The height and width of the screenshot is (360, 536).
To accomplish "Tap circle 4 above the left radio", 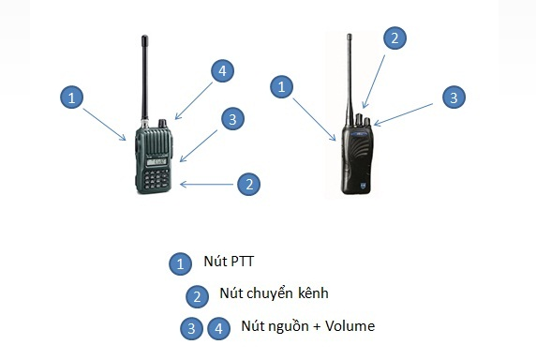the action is (x=220, y=71).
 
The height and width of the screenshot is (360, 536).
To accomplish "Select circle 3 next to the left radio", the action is (x=233, y=118).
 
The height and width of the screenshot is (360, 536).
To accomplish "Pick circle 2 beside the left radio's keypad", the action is (x=247, y=184).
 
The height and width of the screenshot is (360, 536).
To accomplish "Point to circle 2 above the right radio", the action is (x=395, y=38).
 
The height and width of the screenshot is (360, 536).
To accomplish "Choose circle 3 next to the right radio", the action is (x=453, y=97).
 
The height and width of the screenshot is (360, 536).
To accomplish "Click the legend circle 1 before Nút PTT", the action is (x=178, y=264).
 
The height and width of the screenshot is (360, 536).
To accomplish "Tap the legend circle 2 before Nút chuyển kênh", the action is (x=196, y=297).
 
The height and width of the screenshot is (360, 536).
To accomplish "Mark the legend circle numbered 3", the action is (x=192, y=329).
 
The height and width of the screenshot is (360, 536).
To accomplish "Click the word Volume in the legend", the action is (x=349, y=326).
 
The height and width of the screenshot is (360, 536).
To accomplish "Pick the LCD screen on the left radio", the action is (x=156, y=162).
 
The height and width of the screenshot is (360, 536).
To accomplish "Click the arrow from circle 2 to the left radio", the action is (x=208, y=184).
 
